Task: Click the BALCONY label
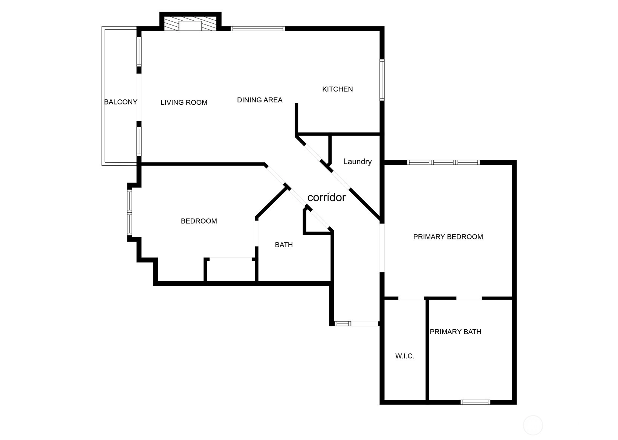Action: [x=121, y=102]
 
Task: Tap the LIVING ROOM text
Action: [x=184, y=102]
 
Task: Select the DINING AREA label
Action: [x=260, y=100]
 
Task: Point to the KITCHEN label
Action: [x=337, y=89]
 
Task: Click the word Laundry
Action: [x=357, y=161]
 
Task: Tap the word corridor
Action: [x=326, y=197]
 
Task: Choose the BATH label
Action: [x=284, y=245]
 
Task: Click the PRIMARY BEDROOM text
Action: [x=448, y=237]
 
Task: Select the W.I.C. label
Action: [x=405, y=356]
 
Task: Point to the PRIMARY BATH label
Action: [x=456, y=332]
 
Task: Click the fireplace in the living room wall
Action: [x=190, y=23]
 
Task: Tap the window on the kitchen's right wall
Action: [x=382, y=80]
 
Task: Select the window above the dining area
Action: [x=258, y=28]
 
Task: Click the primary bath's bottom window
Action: [x=475, y=402]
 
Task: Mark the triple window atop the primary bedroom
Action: [x=444, y=163]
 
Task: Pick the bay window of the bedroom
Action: [x=129, y=212]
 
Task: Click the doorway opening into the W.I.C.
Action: [x=411, y=298]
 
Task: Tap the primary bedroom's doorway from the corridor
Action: [x=382, y=248]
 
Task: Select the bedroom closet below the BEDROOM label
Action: [x=231, y=270]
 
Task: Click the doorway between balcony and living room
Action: [x=139, y=97]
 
